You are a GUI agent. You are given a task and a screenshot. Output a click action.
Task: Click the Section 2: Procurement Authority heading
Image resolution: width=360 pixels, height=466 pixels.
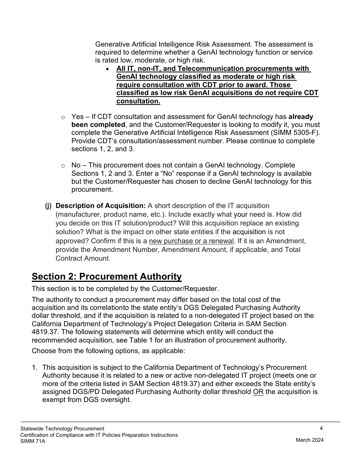(x=106, y=277)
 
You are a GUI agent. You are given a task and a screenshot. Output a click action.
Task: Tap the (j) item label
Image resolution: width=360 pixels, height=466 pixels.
(x=48, y=206)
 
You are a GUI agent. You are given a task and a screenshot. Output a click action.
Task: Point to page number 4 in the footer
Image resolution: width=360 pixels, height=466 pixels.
(x=321, y=428)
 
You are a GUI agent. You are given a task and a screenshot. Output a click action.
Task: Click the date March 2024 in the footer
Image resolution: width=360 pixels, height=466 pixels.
(x=310, y=440)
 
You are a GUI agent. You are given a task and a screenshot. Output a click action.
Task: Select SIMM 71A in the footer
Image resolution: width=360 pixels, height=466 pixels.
(x=33, y=441)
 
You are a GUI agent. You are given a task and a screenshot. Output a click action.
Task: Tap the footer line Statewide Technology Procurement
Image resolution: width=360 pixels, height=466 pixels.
(x=62, y=428)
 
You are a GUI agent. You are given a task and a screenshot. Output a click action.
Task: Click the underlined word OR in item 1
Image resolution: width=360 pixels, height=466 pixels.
(x=258, y=392)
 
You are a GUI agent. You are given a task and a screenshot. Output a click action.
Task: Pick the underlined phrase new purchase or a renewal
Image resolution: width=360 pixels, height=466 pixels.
(x=191, y=241)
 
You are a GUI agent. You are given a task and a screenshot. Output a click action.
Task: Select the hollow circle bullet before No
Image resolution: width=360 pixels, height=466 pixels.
(x=63, y=166)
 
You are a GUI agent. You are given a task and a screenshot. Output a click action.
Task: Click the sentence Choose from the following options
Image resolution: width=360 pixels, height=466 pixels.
(x=108, y=351)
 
